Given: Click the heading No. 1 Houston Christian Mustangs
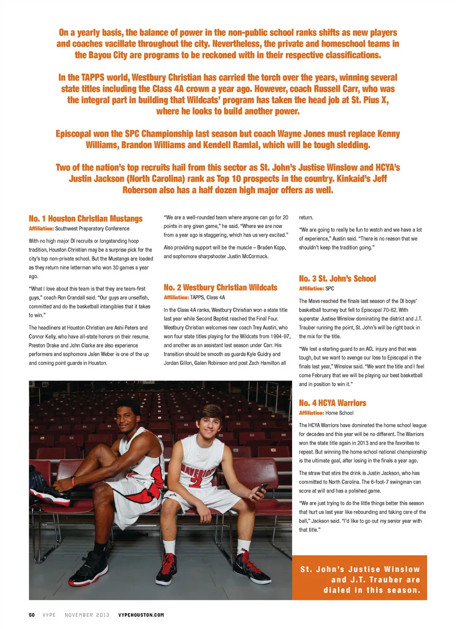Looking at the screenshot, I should click(85, 219).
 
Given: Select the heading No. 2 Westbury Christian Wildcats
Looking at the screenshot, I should click(220, 287).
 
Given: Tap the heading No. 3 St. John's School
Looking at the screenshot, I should click(337, 279).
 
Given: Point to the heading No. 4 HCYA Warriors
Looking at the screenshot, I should click(332, 403).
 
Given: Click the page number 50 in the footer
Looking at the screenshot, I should click(32, 615).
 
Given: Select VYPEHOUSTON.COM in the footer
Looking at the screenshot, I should click(141, 615).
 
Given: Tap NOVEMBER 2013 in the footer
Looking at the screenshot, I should click(87, 615).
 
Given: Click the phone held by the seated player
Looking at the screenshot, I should click(262, 489).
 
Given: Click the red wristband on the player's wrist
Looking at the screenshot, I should click(73, 481).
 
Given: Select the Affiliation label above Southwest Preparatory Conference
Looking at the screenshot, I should click(41, 229).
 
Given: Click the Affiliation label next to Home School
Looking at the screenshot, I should click(311, 413).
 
